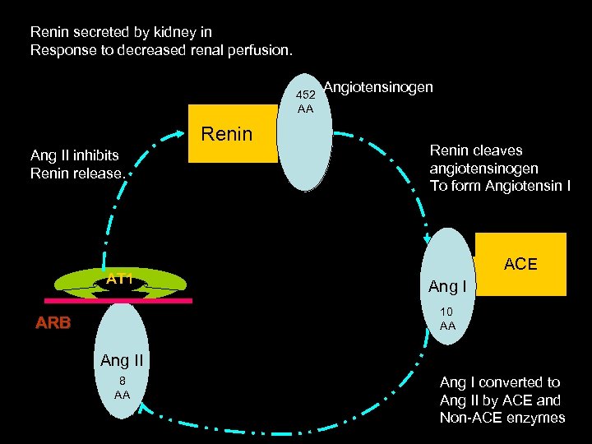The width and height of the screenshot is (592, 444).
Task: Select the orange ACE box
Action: click(520, 264)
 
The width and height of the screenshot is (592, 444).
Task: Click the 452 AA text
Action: click(306, 102)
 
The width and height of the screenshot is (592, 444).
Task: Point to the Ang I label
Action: click(447, 286)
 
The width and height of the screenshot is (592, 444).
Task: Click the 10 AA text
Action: click(447, 319)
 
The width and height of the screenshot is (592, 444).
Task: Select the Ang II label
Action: click(122, 359)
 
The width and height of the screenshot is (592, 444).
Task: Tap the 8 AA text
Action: click(122, 388)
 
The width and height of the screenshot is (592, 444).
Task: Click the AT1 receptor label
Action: click(120, 279)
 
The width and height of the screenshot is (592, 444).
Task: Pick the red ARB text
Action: click(53, 323)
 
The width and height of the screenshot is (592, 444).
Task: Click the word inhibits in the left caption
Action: click(90, 155)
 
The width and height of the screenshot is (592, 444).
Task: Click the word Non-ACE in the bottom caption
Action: click(469, 418)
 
